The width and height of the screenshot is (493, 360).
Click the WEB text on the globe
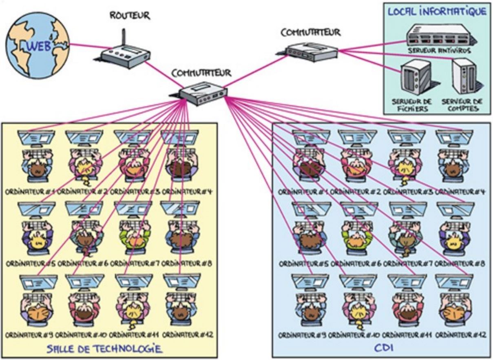[x=39, y=46]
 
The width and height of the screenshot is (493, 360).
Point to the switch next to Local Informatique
[x=312, y=51]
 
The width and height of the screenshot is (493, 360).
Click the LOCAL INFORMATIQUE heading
[x=437, y=11]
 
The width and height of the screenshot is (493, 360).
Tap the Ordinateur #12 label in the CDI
[x=460, y=335]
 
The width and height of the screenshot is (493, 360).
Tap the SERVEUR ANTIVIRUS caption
[x=439, y=51]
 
